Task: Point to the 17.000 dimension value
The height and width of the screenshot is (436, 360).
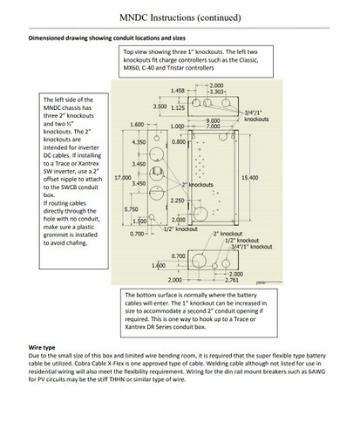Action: tap(125, 178)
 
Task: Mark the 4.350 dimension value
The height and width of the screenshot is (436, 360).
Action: tap(138, 141)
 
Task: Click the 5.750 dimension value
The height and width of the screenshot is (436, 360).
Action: tap(132, 209)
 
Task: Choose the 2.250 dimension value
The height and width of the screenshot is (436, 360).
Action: tap(178, 201)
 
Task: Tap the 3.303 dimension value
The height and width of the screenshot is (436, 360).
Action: tap(215, 92)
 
